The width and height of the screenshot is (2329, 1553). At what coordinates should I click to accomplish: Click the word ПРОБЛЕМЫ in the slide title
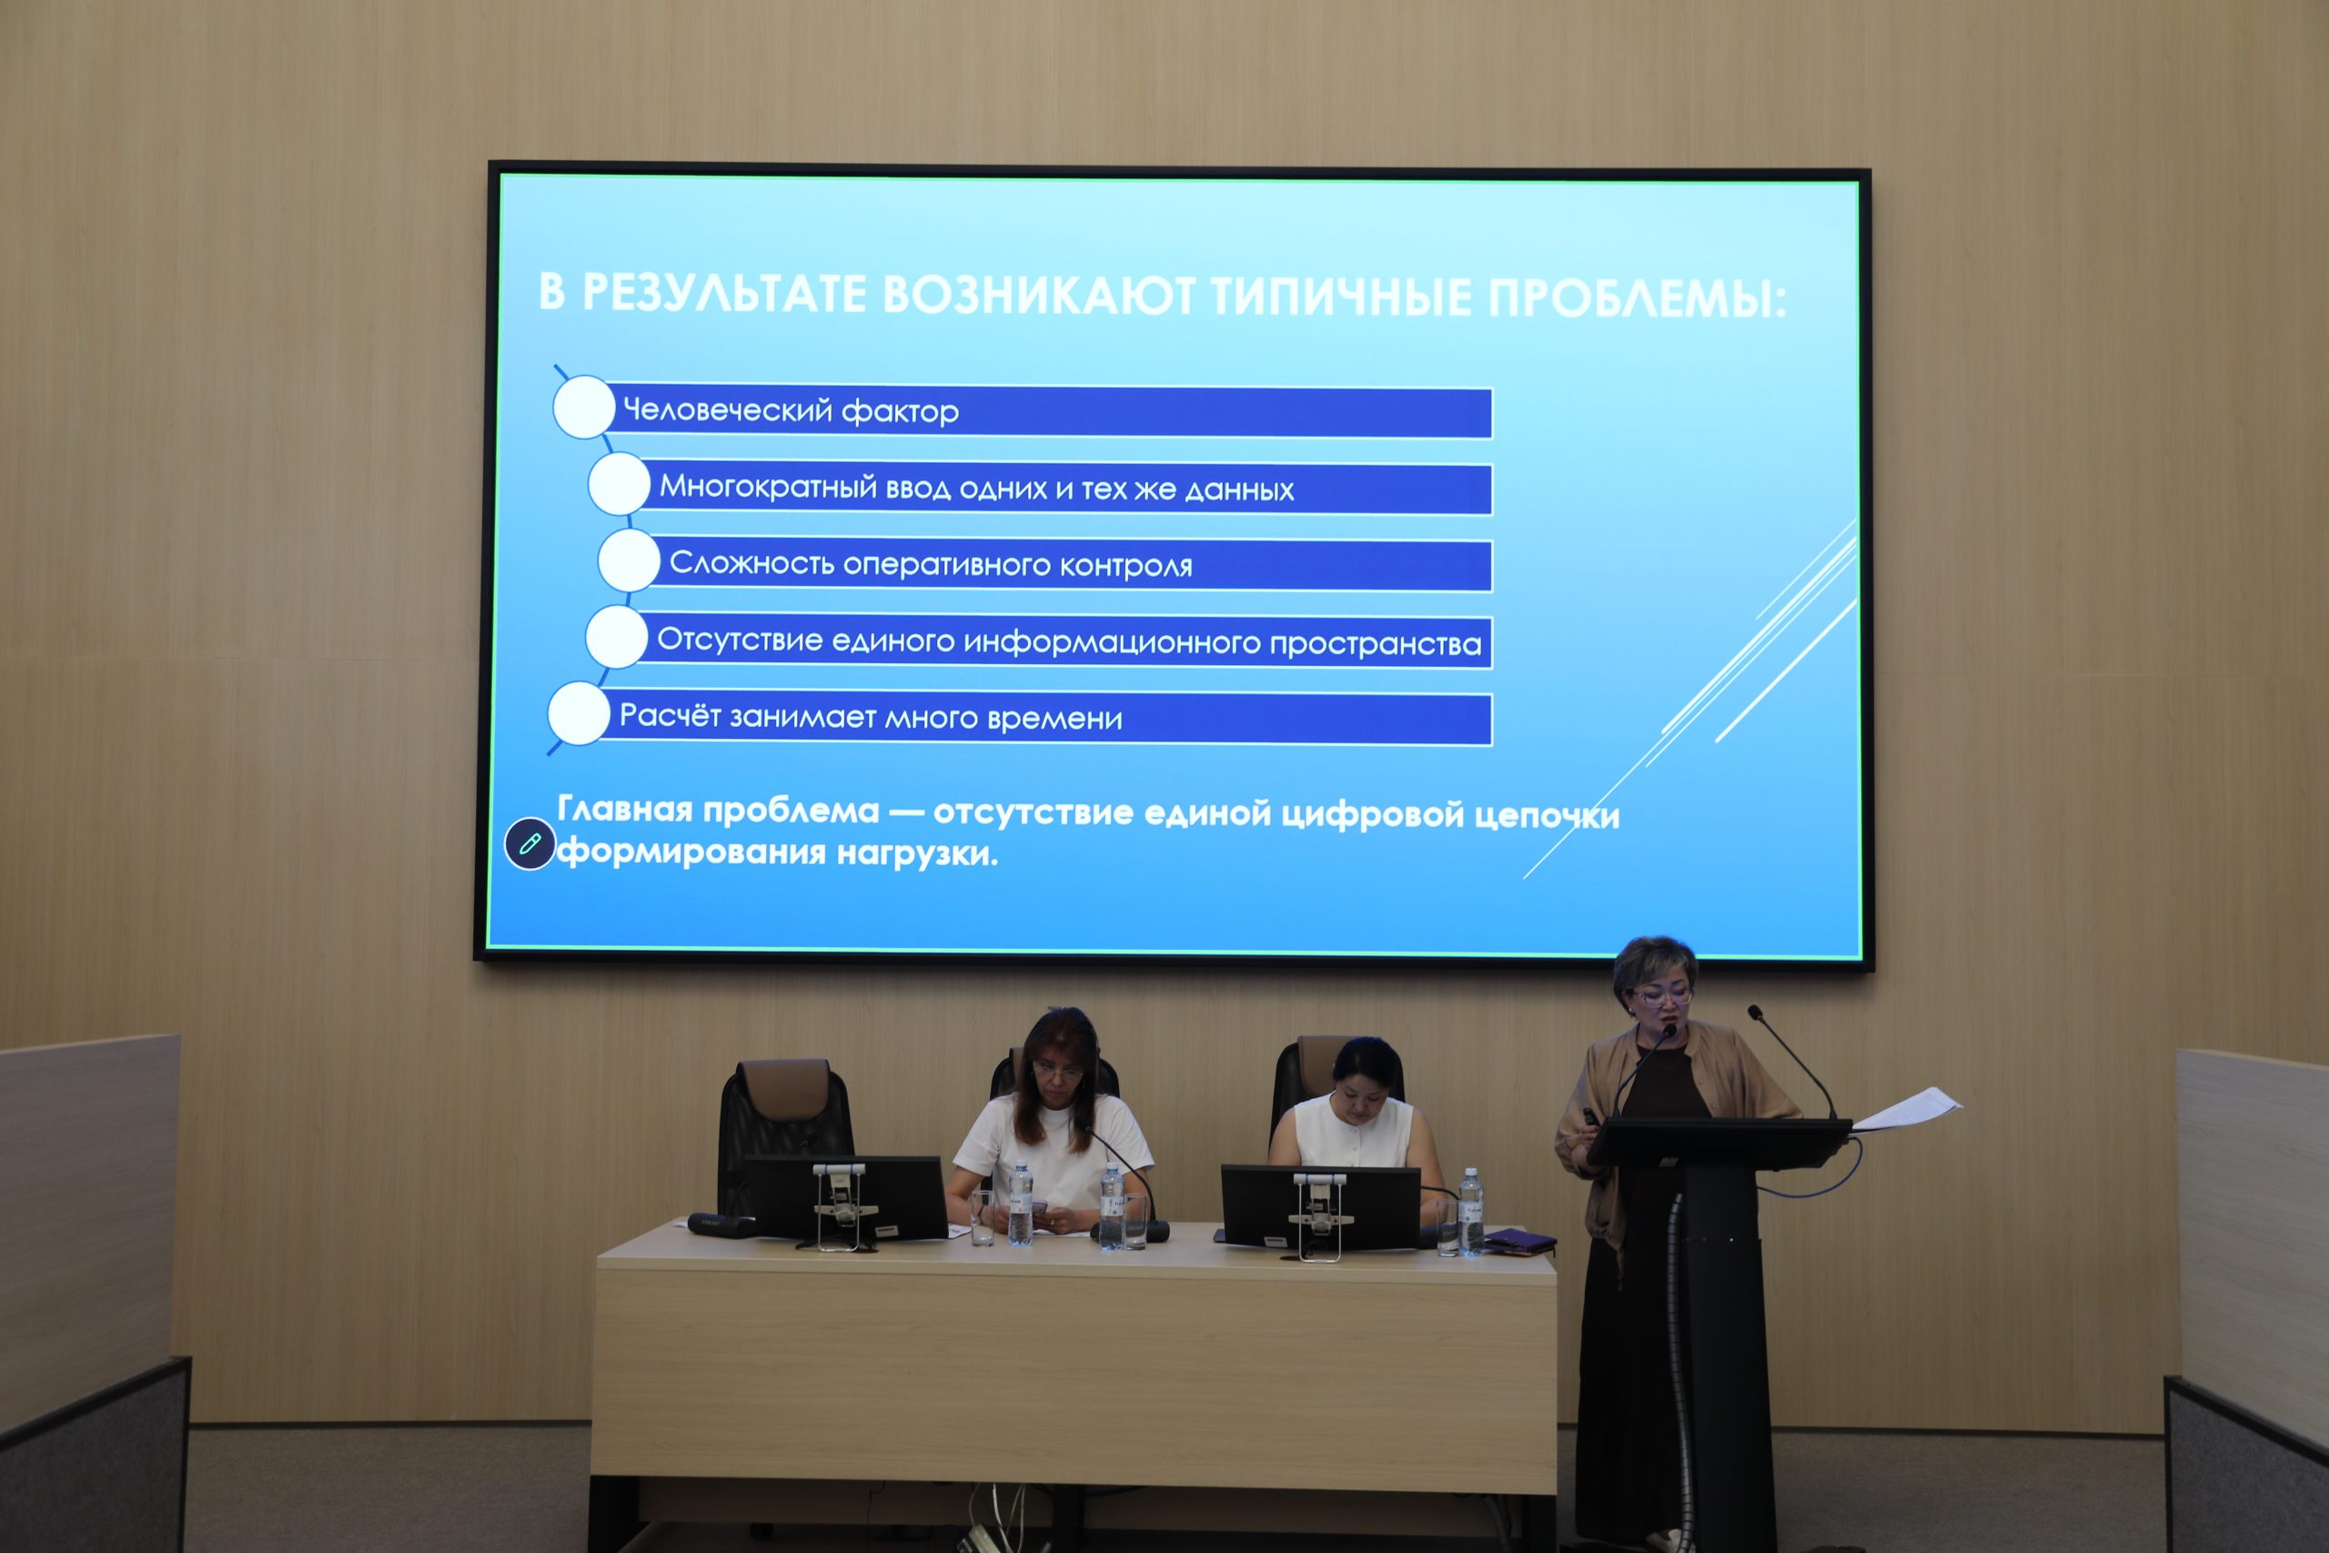(x=1638, y=298)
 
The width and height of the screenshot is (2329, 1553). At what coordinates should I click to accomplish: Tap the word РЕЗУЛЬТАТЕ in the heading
(x=724, y=293)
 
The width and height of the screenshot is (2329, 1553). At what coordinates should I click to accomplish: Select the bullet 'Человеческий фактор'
(x=791, y=410)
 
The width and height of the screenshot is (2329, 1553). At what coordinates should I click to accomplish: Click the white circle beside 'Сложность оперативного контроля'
(x=629, y=560)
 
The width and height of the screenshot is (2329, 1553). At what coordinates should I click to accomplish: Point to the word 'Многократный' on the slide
(x=768, y=488)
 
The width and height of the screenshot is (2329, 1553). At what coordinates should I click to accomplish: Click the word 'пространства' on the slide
(x=1376, y=645)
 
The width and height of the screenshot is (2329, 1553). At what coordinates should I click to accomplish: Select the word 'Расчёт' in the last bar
(x=670, y=715)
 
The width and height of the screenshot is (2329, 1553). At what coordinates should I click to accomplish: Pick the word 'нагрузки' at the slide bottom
(x=917, y=852)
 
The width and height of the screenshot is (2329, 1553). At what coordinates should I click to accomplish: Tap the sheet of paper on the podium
(x=1905, y=1108)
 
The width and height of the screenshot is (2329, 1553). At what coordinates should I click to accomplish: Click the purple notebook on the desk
(x=1519, y=1240)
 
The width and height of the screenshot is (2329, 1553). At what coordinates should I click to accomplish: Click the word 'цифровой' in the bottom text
(x=1373, y=814)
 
